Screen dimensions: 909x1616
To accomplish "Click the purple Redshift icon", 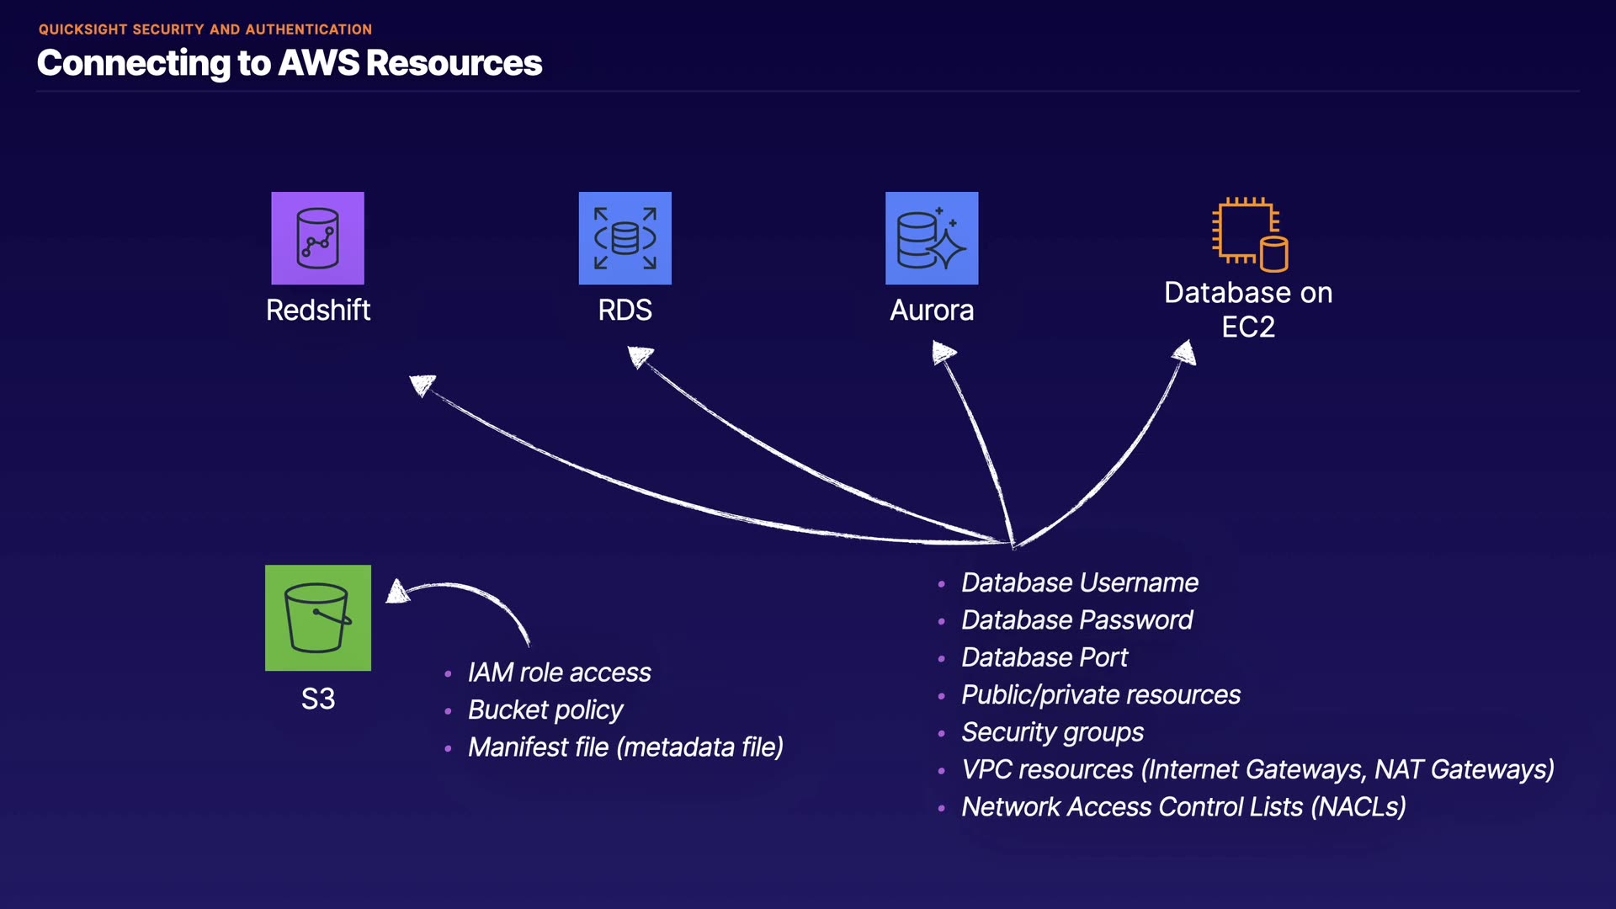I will (317, 238).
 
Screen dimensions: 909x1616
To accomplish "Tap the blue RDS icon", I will (625, 238).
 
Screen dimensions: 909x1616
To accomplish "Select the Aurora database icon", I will (931, 238).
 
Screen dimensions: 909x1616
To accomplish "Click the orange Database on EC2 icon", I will (1249, 235).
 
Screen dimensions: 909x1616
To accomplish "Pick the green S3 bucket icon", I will (317, 618).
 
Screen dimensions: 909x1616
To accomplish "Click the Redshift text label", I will (318, 311).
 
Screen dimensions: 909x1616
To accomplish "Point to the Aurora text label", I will (932, 311).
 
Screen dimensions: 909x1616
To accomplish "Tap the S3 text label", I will (318, 699).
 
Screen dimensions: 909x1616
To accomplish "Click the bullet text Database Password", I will (1076, 620).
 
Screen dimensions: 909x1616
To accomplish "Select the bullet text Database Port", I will (1045, 657).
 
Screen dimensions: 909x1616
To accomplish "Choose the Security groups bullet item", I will (1052, 732).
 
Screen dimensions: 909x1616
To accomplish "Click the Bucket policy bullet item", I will (545, 710).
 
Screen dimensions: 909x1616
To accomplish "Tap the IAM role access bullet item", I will (559, 673).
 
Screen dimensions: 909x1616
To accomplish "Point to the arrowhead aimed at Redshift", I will (422, 385).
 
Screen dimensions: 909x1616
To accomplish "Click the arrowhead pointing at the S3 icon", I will (397, 593).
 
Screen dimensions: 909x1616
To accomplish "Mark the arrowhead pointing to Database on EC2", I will (1185, 353).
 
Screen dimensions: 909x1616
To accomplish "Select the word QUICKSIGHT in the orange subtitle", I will (82, 29).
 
